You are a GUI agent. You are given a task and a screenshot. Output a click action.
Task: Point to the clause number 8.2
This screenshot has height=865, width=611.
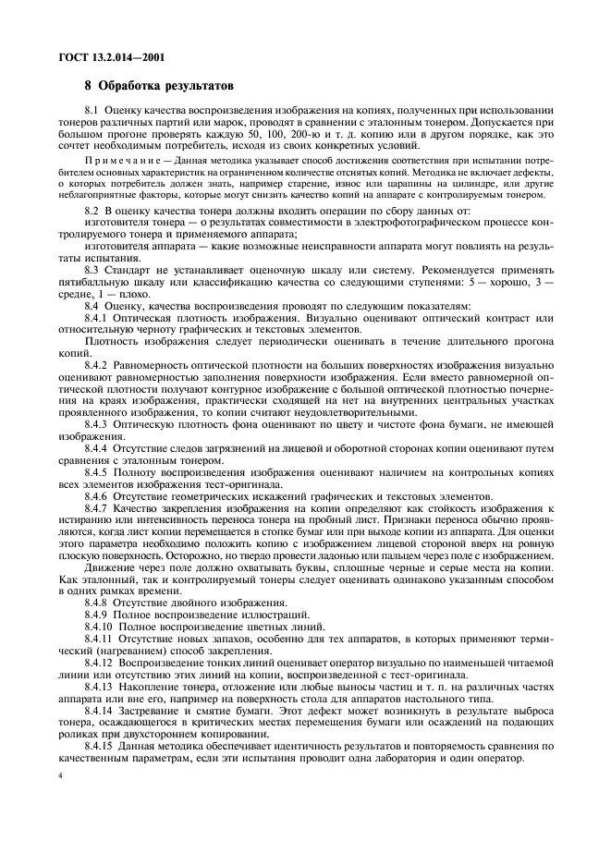(93, 212)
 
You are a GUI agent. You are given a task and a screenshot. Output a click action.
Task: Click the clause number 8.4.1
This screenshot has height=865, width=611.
(98, 318)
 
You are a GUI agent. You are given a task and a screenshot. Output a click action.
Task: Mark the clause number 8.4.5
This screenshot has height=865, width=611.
(98, 472)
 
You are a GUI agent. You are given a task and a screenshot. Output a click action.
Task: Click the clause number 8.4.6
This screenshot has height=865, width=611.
(98, 496)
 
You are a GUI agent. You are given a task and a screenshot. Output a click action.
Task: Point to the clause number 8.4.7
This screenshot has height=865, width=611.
(98, 508)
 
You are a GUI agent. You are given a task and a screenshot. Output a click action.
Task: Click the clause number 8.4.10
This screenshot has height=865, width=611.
(101, 627)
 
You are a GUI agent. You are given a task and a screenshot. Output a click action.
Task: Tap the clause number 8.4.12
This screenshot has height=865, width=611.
(101, 664)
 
